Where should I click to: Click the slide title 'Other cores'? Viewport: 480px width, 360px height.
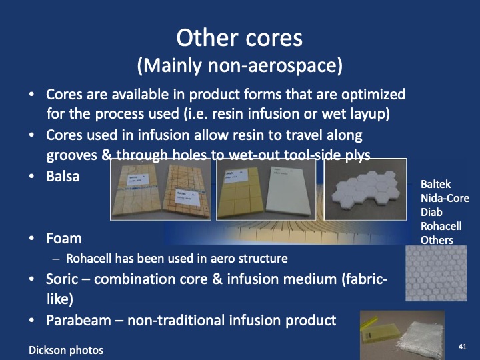(x=239, y=37)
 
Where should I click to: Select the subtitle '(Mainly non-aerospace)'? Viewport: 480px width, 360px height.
(x=239, y=65)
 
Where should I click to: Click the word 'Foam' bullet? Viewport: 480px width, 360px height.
(x=64, y=238)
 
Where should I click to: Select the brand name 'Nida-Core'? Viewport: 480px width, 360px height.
(x=445, y=199)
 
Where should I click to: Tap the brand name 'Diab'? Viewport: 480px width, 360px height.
(x=431, y=213)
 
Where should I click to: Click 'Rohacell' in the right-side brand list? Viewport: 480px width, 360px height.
(x=441, y=227)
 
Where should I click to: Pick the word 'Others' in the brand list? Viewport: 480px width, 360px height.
(x=437, y=240)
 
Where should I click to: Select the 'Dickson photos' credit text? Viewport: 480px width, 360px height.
(x=66, y=350)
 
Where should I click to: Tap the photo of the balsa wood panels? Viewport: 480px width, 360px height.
(x=160, y=189)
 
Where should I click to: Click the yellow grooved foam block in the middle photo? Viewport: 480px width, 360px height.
(x=241, y=195)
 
